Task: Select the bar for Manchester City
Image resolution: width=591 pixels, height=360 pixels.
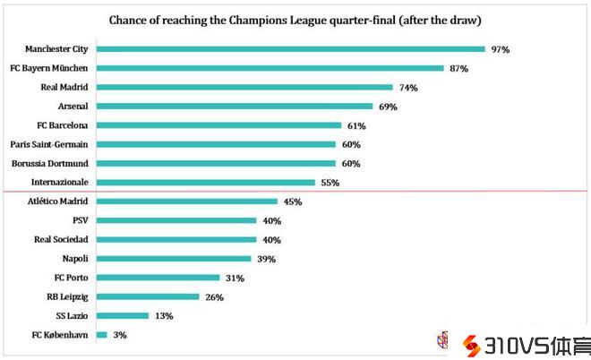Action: [x=290, y=49]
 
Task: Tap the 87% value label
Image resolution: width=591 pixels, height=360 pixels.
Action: [x=459, y=68]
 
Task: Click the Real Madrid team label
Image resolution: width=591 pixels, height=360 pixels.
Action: [x=64, y=87]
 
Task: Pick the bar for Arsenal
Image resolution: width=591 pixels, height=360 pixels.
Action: [x=234, y=107]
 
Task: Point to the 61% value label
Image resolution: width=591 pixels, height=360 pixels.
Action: [x=356, y=125]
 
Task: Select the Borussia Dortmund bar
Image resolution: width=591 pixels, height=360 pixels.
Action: [x=215, y=163]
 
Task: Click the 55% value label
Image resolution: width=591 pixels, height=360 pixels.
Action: [x=330, y=183]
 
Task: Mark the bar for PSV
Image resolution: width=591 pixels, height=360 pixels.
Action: [x=178, y=220]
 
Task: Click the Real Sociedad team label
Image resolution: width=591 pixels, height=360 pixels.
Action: [x=60, y=240]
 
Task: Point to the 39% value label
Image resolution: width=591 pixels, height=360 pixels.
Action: [x=266, y=259]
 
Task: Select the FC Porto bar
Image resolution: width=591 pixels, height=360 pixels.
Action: [x=158, y=278]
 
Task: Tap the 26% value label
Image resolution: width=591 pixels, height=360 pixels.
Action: [x=214, y=296]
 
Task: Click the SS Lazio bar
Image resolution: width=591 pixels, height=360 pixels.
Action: [x=122, y=316]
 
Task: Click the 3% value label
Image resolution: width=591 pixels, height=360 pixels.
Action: [x=120, y=335]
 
